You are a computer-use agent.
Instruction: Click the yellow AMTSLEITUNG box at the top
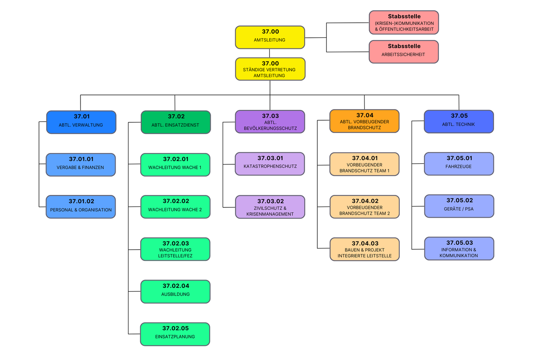pyautogui.click(x=270, y=37)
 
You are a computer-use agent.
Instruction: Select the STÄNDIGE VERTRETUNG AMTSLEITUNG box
pyautogui.click(x=270, y=69)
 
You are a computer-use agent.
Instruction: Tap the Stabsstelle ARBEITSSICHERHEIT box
pyautogui.click(x=404, y=51)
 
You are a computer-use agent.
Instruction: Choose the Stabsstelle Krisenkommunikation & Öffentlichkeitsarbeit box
pyautogui.click(x=404, y=22)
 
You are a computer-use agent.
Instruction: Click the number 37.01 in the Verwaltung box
pyautogui.click(x=81, y=117)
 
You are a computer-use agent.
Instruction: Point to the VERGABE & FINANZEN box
pyautogui.click(x=80, y=165)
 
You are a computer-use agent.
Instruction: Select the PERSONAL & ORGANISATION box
pyautogui.click(x=80, y=207)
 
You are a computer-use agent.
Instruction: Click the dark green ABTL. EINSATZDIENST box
pyautogui.click(x=176, y=122)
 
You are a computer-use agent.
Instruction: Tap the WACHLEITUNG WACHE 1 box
pyautogui.click(x=175, y=165)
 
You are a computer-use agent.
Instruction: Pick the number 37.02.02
pyautogui.click(x=176, y=201)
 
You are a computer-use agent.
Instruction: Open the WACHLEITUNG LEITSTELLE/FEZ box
pyautogui.click(x=175, y=249)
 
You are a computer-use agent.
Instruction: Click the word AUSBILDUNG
pyautogui.click(x=175, y=294)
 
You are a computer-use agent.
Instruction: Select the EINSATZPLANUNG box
pyautogui.click(x=175, y=334)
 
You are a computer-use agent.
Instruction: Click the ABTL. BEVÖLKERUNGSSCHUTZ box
pyautogui.click(x=270, y=122)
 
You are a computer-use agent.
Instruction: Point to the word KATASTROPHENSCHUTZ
pyautogui.click(x=270, y=167)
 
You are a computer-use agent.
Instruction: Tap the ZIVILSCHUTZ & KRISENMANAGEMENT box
pyautogui.click(x=270, y=207)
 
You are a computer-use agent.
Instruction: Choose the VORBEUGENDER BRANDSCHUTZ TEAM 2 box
pyautogui.click(x=365, y=207)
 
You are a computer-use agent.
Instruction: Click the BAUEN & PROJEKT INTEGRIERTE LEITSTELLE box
pyautogui.click(x=365, y=249)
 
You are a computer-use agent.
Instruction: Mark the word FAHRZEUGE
pyautogui.click(x=459, y=167)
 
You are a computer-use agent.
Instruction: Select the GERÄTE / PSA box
pyautogui.click(x=459, y=206)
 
